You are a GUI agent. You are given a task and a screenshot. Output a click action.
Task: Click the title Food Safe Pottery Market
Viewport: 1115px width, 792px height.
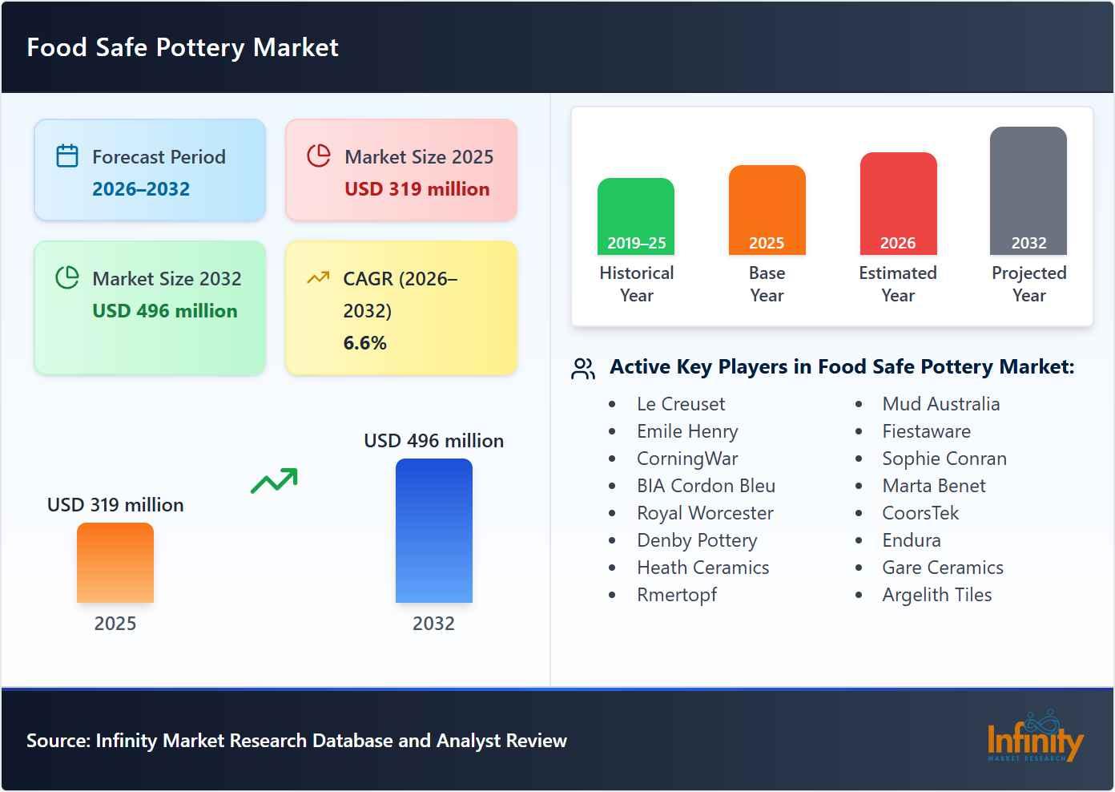pos(183,47)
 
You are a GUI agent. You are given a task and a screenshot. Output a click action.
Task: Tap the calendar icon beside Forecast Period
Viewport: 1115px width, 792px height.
pos(67,156)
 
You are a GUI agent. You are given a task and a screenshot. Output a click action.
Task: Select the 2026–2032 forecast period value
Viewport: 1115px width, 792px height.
pos(141,189)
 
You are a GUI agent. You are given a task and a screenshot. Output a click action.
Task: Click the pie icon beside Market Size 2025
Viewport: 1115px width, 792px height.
pos(319,156)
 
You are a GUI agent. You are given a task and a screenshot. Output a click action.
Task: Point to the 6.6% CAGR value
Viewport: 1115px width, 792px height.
pos(364,343)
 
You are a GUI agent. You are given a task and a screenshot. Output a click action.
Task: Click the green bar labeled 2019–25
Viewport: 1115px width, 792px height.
pos(636,216)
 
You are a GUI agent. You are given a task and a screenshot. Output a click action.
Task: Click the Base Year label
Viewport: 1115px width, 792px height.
pos(767,284)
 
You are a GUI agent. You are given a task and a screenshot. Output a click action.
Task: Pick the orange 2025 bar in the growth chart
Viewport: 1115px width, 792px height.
pos(115,563)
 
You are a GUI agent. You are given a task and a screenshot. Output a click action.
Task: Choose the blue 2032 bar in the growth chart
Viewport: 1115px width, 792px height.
pos(433,531)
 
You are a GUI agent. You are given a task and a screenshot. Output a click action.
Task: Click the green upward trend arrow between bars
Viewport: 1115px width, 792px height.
pos(274,480)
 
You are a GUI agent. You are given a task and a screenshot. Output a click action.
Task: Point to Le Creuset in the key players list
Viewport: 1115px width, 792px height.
pos(681,404)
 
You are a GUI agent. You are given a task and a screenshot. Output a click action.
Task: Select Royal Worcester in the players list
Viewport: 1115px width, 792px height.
pos(705,513)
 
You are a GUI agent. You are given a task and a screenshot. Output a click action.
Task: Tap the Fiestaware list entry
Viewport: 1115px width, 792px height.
pos(926,431)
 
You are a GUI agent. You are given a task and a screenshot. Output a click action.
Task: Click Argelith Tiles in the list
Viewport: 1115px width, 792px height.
pos(936,595)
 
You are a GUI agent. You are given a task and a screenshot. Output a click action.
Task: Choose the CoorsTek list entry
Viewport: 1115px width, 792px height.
pos(920,513)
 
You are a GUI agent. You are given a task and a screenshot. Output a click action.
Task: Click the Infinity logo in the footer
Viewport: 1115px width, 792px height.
pos(1034,738)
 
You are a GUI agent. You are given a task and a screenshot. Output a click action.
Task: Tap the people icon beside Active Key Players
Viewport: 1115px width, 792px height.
pos(583,368)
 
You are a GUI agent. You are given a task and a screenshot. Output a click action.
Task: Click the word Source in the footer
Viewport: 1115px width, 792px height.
pos(57,741)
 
